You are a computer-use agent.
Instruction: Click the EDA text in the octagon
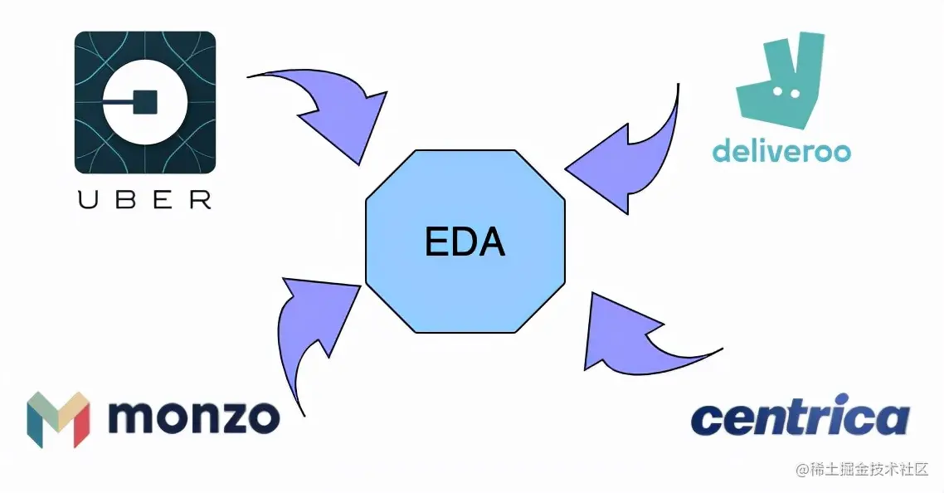465,242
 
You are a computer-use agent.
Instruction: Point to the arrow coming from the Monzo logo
311,324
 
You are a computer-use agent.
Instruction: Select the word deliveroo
781,151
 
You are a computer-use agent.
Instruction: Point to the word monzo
192,417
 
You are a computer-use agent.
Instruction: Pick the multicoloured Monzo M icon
58,419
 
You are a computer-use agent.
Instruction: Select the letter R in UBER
200,199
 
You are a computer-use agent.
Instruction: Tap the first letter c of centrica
706,421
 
